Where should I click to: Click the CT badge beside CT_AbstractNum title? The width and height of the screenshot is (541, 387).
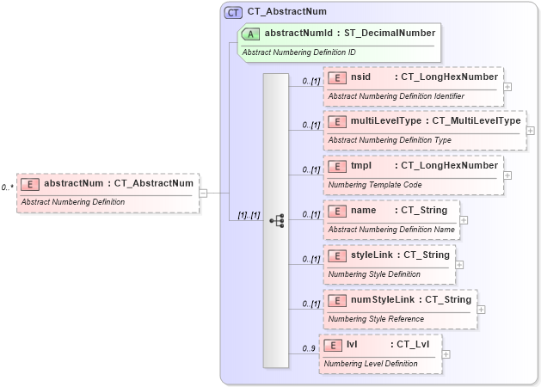(x=233, y=13)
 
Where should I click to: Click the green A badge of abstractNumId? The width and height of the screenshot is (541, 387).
(x=251, y=34)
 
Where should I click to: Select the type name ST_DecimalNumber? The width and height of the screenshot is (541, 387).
(x=393, y=34)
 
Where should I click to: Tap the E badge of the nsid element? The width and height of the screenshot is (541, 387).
(x=336, y=77)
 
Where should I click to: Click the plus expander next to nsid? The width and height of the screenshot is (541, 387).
(x=508, y=86)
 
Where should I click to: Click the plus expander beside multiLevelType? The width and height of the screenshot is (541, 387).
(x=530, y=131)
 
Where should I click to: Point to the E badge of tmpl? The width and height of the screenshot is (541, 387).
(x=336, y=166)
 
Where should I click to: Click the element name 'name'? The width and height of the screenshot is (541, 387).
(x=364, y=211)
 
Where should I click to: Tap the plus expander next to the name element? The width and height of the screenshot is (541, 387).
(x=464, y=220)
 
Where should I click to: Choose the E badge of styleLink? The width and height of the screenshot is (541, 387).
(x=336, y=255)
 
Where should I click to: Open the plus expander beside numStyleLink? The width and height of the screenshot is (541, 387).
(x=481, y=310)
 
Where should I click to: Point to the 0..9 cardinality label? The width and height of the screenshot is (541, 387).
(x=308, y=348)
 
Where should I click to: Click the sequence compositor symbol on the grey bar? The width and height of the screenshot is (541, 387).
(x=276, y=220)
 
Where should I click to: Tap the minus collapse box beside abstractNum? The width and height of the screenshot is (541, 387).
(x=203, y=193)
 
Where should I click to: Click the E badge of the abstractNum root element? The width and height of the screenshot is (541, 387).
(x=30, y=184)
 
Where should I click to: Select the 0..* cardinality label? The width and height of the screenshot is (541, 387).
(x=7, y=187)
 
